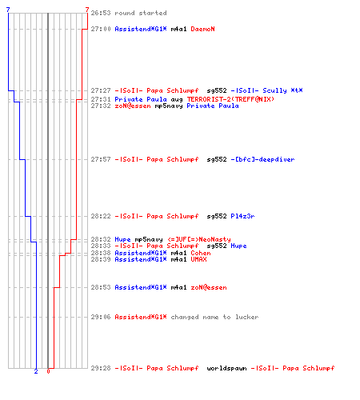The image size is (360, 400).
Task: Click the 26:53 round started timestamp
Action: point(101,13)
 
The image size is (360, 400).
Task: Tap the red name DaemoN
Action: point(202,29)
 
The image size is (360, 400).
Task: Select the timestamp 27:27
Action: point(101,90)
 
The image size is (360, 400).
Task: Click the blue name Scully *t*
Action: point(282,90)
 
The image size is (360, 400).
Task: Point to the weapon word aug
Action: point(177,100)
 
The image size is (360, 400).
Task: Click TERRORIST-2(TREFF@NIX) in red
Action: point(230,99)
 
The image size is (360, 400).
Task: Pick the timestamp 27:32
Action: point(101,106)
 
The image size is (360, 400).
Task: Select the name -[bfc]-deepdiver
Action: point(262,159)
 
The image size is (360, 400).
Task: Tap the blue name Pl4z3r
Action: point(242,216)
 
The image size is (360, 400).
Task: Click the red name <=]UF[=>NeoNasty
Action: point(199,239)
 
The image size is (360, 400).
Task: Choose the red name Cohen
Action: point(201,253)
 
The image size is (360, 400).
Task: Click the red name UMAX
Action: point(198,259)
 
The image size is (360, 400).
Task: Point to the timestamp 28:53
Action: point(101,287)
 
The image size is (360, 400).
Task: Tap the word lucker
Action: point(247,317)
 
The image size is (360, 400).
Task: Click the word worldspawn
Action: point(226,368)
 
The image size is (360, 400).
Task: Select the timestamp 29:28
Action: point(101,368)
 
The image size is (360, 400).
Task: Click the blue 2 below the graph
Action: point(36,371)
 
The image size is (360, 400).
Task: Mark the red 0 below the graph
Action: point(48,371)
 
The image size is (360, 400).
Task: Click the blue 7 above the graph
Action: point(8,10)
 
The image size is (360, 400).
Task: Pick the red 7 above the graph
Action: point(87,10)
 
